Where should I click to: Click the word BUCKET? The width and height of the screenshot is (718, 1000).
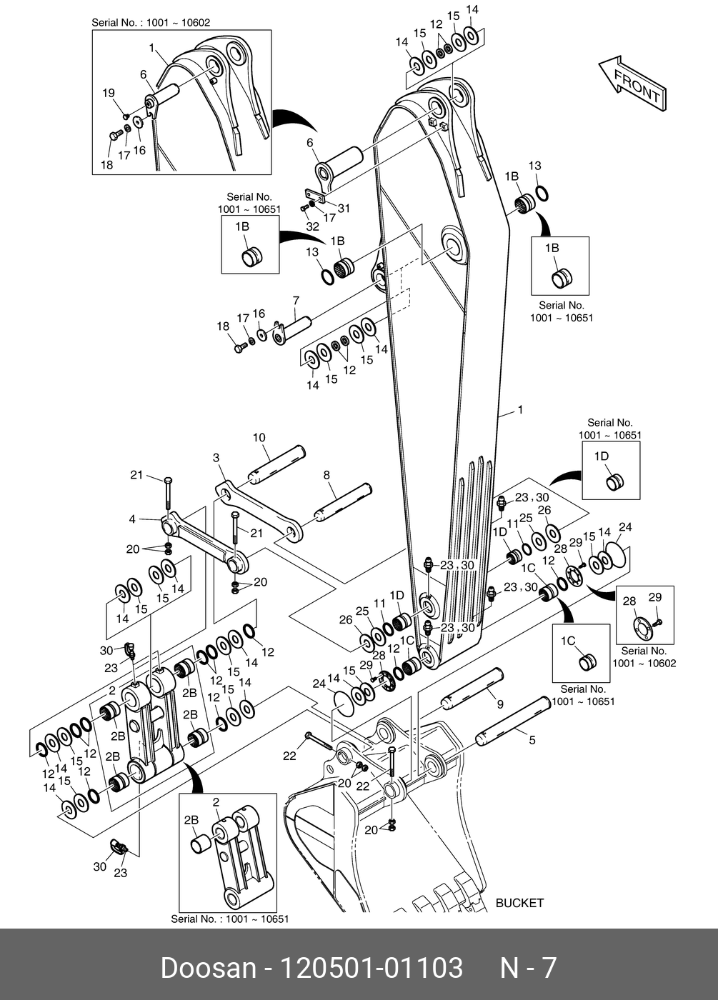pyautogui.click(x=519, y=903)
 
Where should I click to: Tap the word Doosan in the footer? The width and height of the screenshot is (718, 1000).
pyautogui.click(x=208, y=968)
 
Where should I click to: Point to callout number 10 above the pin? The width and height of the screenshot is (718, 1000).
pyautogui.click(x=259, y=438)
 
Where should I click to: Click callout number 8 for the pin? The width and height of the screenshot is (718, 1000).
pyautogui.click(x=326, y=474)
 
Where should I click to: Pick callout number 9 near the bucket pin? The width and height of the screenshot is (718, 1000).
pyautogui.click(x=500, y=704)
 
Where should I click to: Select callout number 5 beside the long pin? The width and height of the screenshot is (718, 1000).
pyautogui.click(x=532, y=740)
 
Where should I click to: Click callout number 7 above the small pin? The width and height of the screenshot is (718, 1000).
pyautogui.click(x=295, y=301)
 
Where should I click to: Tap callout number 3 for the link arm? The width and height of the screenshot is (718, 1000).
pyautogui.click(x=216, y=457)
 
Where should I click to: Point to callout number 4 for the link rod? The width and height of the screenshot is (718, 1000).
pyautogui.click(x=132, y=519)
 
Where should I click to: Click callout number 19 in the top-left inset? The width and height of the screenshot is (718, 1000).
pyautogui.click(x=108, y=93)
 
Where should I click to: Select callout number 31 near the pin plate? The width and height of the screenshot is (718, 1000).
pyautogui.click(x=344, y=209)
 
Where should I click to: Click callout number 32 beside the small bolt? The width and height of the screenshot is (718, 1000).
pyautogui.click(x=312, y=226)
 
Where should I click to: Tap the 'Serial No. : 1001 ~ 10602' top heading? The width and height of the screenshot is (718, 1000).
pyautogui.click(x=151, y=23)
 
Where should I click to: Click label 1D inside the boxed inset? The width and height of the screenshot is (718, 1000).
pyautogui.click(x=602, y=456)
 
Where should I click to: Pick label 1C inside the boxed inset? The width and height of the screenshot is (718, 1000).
pyautogui.click(x=568, y=641)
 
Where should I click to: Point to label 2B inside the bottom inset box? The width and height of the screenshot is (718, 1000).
pyautogui.click(x=191, y=821)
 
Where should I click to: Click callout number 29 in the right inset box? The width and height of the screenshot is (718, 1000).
pyautogui.click(x=655, y=597)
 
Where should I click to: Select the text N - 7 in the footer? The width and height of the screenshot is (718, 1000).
pyautogui.click(x=528, y=968)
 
